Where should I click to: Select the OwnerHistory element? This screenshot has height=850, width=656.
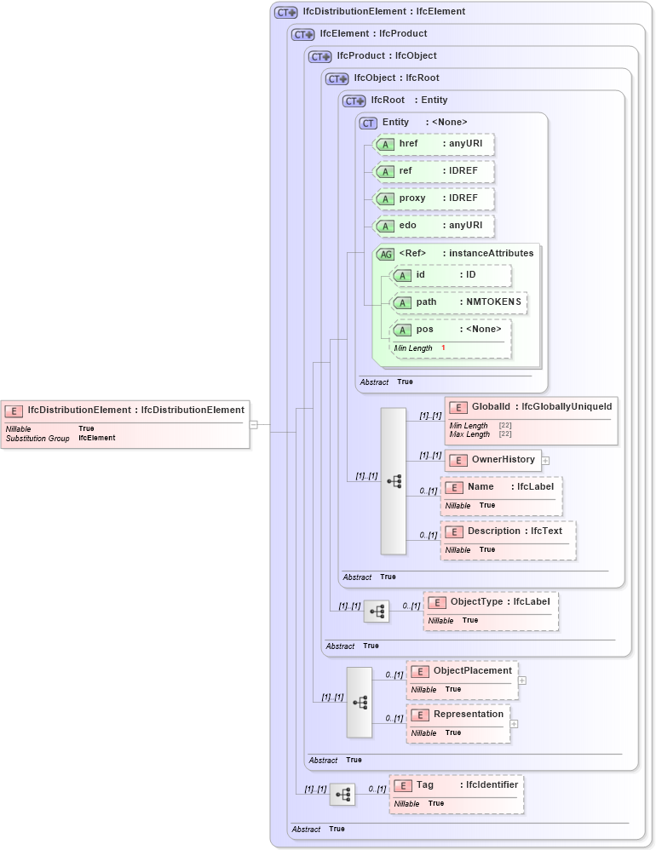click(x=493, y=460)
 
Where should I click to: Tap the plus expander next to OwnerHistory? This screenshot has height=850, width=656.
click(x=546, y=461)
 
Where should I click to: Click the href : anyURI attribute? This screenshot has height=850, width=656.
click(x=434, y=144)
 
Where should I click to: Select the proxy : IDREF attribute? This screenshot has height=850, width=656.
click(x=434, y=198)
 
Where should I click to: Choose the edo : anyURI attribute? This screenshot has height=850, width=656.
click(x=434, y=226)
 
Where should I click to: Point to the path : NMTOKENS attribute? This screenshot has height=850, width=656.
click(x=458, y=302)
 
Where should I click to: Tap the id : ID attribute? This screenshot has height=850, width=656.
click(x=451, y=275)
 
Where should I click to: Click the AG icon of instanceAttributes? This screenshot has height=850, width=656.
click(x=386, y=254)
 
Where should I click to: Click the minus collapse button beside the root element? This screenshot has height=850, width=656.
click(x=253, y=424)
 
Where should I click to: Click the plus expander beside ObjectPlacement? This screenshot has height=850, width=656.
click(x=522, y=681)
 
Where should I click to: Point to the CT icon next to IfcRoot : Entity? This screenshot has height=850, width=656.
click(x=354, y=101)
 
